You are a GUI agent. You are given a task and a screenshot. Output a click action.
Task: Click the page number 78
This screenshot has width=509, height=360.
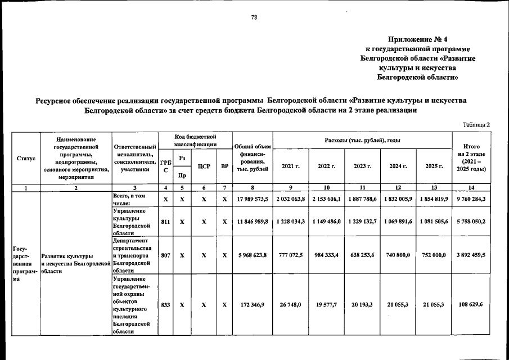tap(254, 18)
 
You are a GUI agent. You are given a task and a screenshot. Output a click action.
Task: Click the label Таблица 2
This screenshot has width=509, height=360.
tap(476, 124)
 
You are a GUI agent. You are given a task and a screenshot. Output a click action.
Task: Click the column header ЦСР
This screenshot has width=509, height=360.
tap(204, 166)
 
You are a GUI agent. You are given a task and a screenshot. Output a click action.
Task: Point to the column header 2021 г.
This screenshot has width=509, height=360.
tap(291, 166)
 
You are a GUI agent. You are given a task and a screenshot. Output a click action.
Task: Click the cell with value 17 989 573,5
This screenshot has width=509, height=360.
tap(251, 199)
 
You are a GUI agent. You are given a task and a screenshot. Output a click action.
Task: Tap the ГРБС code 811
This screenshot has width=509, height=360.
tap(165, 222)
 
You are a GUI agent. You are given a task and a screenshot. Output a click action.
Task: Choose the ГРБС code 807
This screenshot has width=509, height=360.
tap(165, 255)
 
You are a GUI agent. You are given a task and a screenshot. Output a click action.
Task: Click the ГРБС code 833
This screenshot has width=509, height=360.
tap(165, 304)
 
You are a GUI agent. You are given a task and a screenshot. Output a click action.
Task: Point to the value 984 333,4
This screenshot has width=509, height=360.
tap(327, 255)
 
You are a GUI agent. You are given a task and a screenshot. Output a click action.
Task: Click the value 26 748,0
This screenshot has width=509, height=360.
tap(291, 304)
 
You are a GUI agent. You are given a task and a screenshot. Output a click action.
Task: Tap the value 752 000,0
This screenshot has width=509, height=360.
tap(434, 255)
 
